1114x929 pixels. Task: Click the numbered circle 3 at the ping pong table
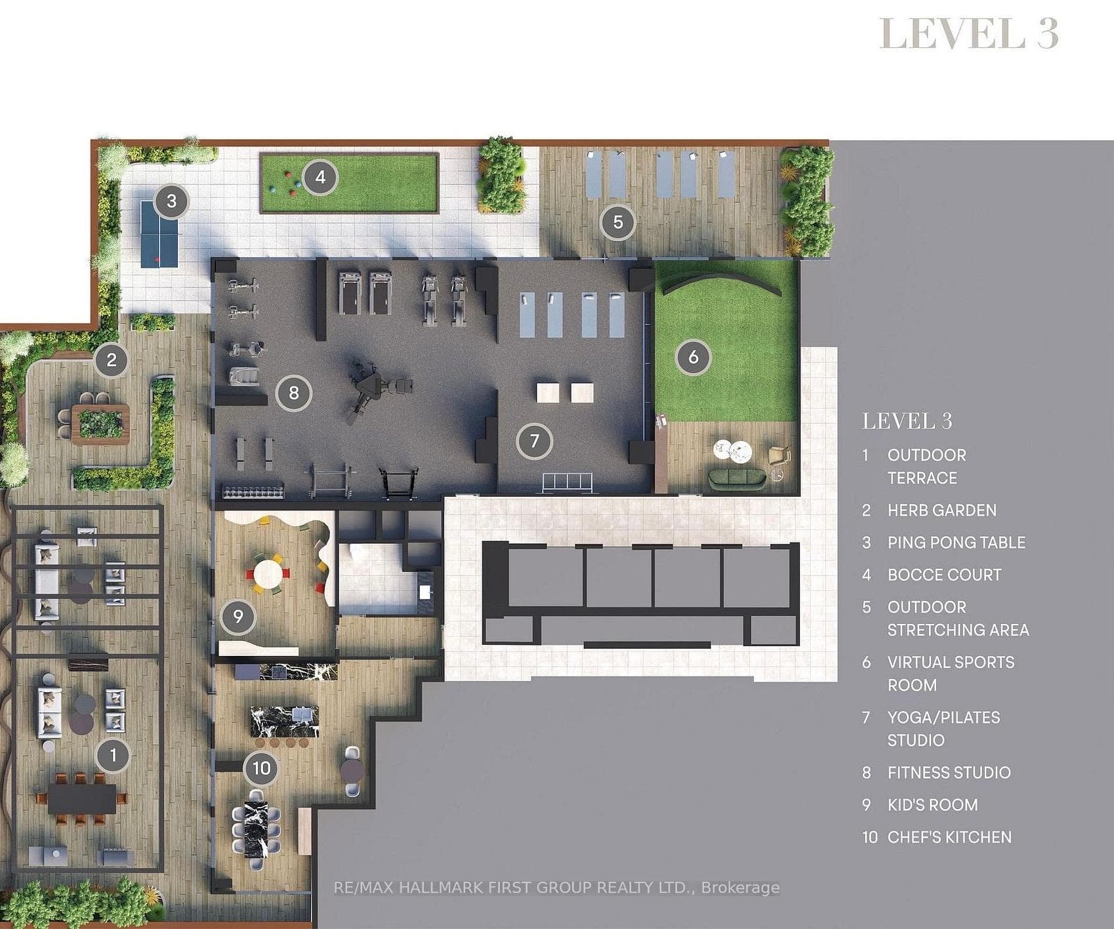click(x=171, y=201)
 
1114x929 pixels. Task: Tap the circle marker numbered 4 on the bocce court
click(x=320, y=177)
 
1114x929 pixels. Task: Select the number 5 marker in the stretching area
click(x=617, y=222)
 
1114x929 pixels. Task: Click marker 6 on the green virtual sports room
click(x=693, y=358)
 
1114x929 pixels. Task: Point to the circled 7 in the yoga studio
click(x=534, y=441)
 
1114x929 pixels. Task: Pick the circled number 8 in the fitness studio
click(x=293, y=393)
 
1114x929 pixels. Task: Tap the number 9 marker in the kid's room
click(x=237, y=616)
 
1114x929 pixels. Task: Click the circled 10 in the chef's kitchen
click(x=262, y=768)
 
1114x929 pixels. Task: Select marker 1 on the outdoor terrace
click(x=113, y=755)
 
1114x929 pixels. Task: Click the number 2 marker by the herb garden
click(x=112, y=360)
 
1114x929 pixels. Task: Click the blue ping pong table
click(x=159, y=234)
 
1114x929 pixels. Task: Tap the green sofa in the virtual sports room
click(x=737, y=478)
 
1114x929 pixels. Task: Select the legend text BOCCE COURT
click(x=944, y=575)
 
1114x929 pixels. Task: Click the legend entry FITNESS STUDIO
click(x=949, y=773)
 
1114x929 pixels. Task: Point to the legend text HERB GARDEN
click(x=941, y=510)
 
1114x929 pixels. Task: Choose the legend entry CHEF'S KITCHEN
click(x=949, y=837)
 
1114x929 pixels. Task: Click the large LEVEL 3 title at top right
click(x=968, y=33)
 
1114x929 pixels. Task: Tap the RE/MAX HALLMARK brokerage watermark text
click(x=556, y=888)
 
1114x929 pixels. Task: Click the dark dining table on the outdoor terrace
click(x=82, y=798)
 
